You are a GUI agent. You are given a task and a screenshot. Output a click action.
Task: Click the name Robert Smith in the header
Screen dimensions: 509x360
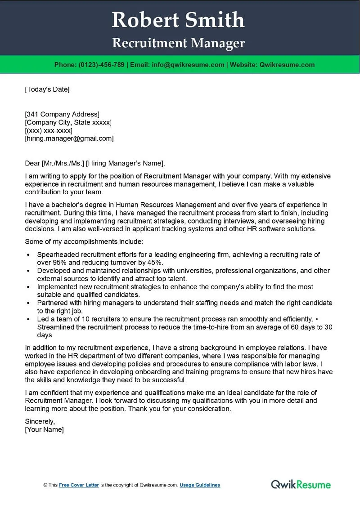click(178, 20)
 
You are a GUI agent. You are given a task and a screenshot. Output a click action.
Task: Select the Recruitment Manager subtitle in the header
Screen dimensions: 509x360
click(178, 43)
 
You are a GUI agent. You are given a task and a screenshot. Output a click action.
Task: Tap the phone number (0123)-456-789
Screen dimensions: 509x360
click(102, 65)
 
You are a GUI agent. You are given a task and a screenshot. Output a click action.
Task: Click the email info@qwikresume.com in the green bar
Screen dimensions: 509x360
click(188, 65)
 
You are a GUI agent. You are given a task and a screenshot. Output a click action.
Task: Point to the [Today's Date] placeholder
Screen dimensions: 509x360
click(47, 89)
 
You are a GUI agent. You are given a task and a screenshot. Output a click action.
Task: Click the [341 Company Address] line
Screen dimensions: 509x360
click(62, 114)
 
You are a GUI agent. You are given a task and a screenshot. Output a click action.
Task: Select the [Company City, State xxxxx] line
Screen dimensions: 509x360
click(68, 122)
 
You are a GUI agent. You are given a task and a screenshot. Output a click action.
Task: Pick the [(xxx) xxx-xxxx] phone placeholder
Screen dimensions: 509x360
click(49, 130)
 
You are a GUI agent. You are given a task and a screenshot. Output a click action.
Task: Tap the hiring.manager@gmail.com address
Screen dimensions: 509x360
click(69, 138)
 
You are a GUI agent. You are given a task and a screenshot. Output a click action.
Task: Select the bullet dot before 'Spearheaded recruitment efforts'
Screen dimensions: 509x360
click(28, 255)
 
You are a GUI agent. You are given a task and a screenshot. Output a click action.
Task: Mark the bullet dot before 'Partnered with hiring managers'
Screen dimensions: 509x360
click(28, 304)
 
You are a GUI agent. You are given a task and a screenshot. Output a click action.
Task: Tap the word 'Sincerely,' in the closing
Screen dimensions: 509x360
click(40, 421)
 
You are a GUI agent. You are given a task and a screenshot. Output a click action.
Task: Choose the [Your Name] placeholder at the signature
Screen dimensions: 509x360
click(45, 429)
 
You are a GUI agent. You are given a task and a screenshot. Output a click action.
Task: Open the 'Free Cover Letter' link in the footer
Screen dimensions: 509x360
click(79, 485)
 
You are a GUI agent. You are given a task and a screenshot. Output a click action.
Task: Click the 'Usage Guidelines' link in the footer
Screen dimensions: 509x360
click(200, 485)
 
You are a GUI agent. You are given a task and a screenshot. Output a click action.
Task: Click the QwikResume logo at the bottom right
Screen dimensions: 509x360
click(301, 484)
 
